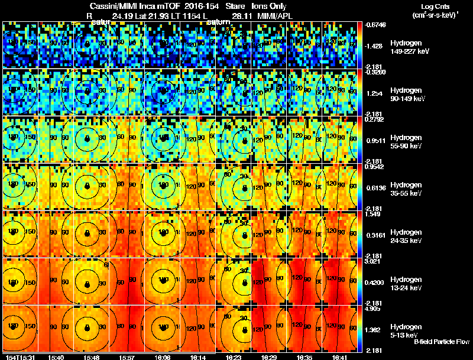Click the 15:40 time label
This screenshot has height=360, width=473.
click(56, 357)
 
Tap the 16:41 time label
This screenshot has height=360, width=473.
click(339, 357)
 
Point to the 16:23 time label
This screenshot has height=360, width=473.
click(234, 357)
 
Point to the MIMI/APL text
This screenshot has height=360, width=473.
click(276, 16)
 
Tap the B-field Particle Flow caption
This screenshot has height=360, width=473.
click(441, 342)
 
